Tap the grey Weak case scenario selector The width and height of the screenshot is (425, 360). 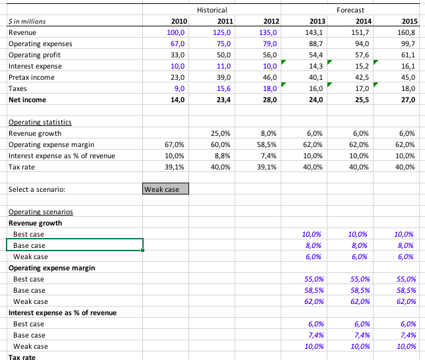[165, 190]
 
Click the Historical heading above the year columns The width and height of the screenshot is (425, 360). [212, 10]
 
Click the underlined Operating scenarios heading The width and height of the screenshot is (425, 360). [40, 212]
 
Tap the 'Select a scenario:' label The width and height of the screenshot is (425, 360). [37, 190]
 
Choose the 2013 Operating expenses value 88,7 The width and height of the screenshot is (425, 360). [314, 44]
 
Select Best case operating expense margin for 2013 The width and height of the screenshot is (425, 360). [312, 280]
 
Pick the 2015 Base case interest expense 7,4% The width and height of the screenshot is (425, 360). [405, 336]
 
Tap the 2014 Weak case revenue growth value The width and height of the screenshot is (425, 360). [358, 257]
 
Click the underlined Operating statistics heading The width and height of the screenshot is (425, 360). [40, 123]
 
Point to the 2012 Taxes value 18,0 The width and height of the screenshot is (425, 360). [268, 88]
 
